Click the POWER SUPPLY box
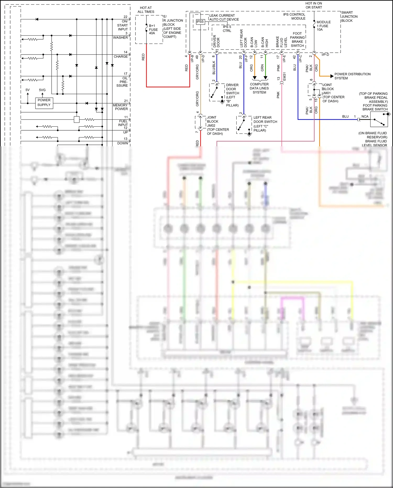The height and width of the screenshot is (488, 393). pyautogui.click(x=44, y=103)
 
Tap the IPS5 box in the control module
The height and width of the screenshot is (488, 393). pyautogui.click(x=200, y=22)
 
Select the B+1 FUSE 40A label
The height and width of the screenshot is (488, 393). pyautogui.click(x=153, y=29)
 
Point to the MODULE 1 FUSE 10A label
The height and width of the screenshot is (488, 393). pyautogui.click(x=323, y=26)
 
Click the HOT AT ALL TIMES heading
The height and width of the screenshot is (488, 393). pyautogui.click(x=146, y=10)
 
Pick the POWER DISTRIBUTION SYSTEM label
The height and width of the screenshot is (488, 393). pyautogui.click(x=352, y=76)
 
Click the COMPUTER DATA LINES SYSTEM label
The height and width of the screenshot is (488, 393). pyautogui.click(x=259, y=88)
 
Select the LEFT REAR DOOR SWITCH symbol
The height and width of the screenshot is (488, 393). pyautogui.click(x=244, y=125)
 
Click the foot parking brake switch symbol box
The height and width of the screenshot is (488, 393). pyautogui.click(x=379, y=120)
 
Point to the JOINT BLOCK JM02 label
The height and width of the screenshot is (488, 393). pyautogui.click(x=217, y=125)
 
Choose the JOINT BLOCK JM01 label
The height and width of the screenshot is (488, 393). pyautogui.click(x=333, y=93)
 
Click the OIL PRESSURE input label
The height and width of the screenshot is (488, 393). pyautogui.click(x=122, y=82)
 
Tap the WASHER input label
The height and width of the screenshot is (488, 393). pyautogui.click(x=121, y=37)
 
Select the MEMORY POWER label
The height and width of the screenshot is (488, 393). pyautogui.click(x=121, y=107)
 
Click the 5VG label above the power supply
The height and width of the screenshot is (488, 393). pyautogui.click(x=42, y=90)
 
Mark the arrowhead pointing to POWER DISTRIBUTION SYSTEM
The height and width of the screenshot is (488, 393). pyautogui.click(x=332, y=76)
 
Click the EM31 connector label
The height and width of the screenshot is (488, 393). pyautogui.click(x=285, y=76)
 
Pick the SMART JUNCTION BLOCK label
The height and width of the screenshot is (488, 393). pyautogui.click(x=349, y=17)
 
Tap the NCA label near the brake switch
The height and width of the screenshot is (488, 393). pyautogui.click(x=365, y=116)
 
